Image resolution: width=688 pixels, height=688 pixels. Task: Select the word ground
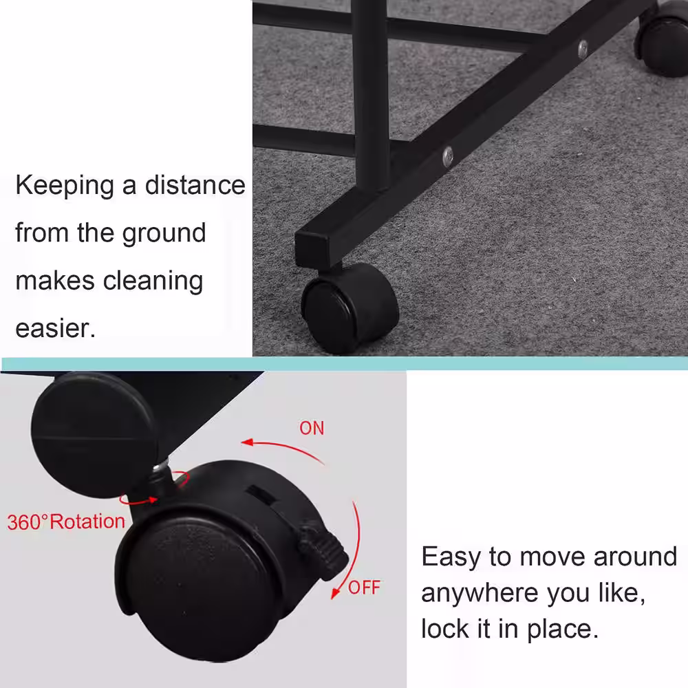coord(164,234)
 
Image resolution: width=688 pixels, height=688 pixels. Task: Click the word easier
coord(55,328)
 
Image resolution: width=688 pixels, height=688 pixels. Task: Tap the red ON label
coord(312,428)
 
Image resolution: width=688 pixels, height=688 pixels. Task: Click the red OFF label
coord(364,588)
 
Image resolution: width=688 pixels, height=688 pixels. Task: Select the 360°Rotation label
coord(66,522)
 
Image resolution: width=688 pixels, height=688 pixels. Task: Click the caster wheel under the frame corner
coord(349,308)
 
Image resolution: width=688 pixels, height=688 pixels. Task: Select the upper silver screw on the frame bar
coord(583,49)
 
